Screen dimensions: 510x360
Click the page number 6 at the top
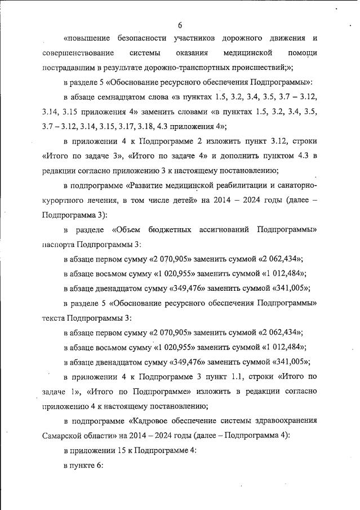[x=180, y=25]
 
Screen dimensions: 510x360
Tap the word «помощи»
[x=302, y=53]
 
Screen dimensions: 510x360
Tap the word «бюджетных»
[x=168, y=229]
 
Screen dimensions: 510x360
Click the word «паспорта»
[x=58, y=244]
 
